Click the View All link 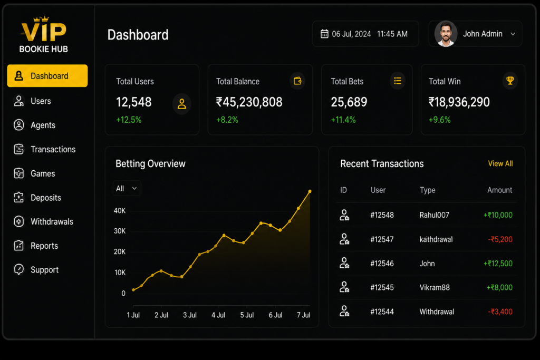point(500,163)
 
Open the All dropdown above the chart point(127,188)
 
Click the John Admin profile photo point(446,34)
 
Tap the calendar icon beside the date point(324,34)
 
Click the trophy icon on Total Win point(510,81)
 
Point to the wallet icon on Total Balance point(297,81)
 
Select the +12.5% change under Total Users point(129,120)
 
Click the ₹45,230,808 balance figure point(249,102)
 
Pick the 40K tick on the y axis point(120,211)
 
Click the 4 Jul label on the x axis point(218,315)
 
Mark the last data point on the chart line point(310,191)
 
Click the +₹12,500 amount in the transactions point(498,264)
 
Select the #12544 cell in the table point(382,312)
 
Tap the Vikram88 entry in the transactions point(435,287)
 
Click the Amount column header point(500,190)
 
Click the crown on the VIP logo point(41,18)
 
